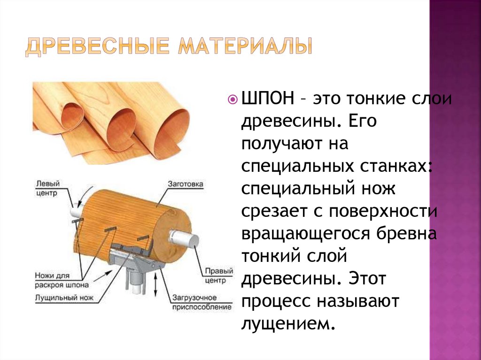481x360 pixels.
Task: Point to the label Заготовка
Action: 185,184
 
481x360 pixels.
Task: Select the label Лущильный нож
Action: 64,298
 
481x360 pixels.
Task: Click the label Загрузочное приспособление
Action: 201,302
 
